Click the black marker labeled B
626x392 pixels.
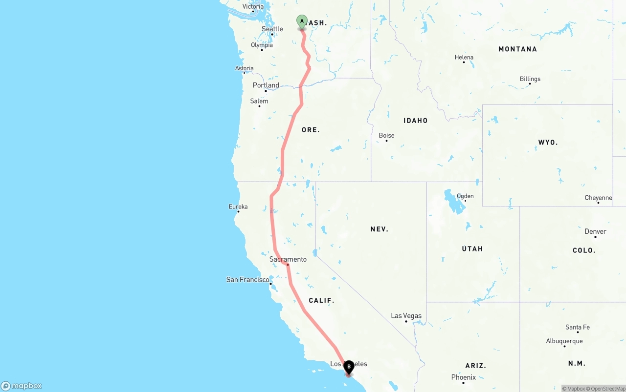[349, 367]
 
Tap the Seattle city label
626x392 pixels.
[272, 29]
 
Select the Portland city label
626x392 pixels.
[266, 85]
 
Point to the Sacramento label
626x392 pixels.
[288, 259]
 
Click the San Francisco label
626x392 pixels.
[247, 280]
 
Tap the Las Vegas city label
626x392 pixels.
[406, 316]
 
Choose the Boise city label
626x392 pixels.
[386, 135]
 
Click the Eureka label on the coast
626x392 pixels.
[238, 206]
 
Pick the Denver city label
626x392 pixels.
[595, 231]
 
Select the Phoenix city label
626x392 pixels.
[464, 377]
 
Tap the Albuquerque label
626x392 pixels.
[564, 341]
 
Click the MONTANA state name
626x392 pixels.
[517, 49]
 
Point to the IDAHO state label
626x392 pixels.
[415, 120]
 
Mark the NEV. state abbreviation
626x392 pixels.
[379, 229]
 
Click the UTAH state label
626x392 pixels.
[472, 248]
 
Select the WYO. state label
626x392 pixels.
[548, 142]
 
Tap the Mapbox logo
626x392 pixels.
[22, 386]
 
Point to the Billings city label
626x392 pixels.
[530, 79]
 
